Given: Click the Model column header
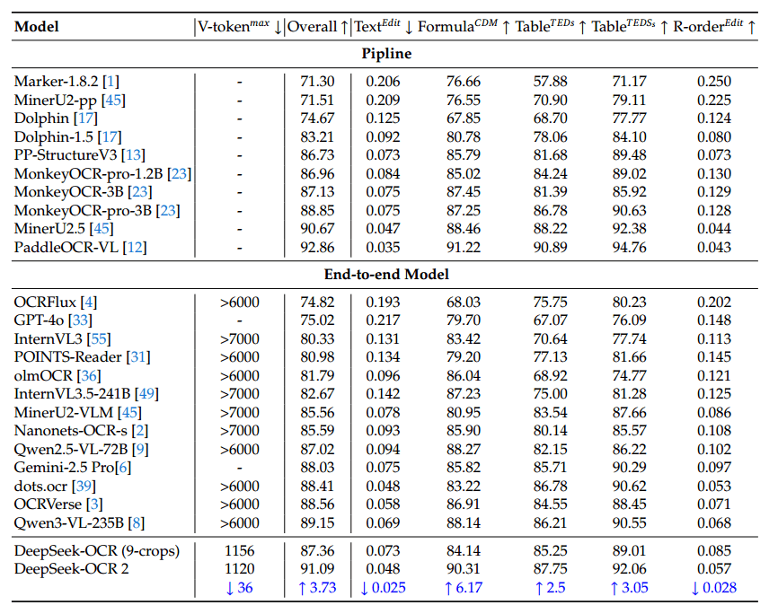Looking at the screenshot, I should click(x=37, y=27).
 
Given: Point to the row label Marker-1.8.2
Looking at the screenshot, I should click(x=51, y=81).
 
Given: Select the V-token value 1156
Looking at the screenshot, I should click(x=240, y=550).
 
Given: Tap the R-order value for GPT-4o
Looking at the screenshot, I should click(x=714, y=319).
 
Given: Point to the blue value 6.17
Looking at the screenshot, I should click(x=464, y=588).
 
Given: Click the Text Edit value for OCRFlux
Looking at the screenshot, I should click(x=383, y=302).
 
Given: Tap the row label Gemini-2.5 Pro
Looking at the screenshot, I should click(x=60, y=467).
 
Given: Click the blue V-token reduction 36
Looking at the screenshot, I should click(x=240, y=588).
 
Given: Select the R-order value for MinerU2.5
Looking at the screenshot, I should click(x=714, y=230).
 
